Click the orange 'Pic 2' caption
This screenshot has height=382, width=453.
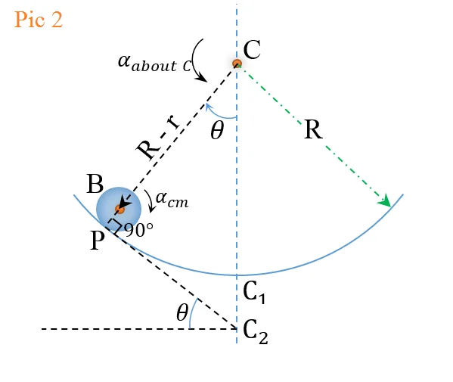[39, 20]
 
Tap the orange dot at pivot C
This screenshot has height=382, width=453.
[237, 64]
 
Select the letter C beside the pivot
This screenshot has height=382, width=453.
[252, 49]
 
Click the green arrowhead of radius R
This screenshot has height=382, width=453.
[386, 200]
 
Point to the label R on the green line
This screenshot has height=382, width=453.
[313, 130]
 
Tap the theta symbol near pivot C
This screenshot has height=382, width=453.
[217, 130]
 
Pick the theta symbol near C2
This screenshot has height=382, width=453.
[182, 312]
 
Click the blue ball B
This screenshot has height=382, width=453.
[119, 209]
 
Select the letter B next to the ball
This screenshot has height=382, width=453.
[95, 184]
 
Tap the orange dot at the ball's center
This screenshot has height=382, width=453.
[119, 209]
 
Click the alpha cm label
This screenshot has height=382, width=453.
[172, 199]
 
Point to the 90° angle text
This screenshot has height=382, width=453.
[139, 231]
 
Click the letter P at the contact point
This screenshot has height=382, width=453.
[97, 241]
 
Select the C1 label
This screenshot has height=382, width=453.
[254, 292]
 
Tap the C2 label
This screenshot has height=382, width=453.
[256, 332]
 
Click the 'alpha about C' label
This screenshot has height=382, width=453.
[154, 63]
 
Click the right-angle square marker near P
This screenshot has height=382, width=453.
[115, 225]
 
